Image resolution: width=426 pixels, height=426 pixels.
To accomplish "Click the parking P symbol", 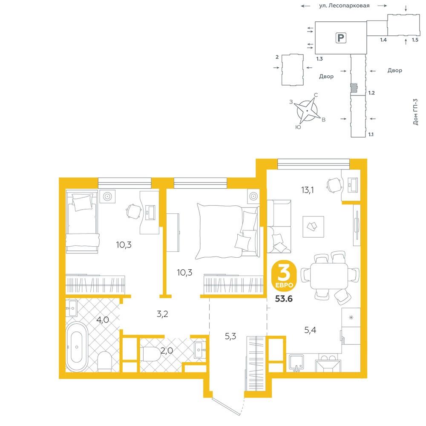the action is (x=341, y=38).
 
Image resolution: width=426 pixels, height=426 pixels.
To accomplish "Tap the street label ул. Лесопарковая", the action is (x=344, y=6).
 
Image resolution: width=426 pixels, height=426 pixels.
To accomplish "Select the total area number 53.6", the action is (x=284, y=299).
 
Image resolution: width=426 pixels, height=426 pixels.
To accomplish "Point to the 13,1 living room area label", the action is (x=307, y=190).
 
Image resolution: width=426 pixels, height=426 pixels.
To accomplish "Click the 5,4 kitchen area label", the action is (x=310, y=330).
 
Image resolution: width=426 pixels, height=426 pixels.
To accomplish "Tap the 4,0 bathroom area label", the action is (x=103, y=320).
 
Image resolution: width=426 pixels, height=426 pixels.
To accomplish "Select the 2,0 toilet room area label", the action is (x=167, y=351).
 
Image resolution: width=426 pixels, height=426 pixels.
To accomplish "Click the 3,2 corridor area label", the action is (x=162, y=314).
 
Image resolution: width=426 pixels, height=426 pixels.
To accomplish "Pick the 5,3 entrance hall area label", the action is (x=230, y=337).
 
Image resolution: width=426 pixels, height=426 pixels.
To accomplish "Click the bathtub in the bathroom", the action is (x=77, y=347).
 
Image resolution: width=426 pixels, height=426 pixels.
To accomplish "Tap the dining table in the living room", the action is (x=329, y=276).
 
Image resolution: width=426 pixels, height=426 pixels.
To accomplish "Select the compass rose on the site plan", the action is (x=307, y=111).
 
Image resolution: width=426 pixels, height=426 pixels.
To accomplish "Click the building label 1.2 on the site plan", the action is (x=371, y=93).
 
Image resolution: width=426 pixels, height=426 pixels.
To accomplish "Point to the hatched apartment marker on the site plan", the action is (x=354, y=87).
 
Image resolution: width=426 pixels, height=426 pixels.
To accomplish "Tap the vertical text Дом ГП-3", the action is (x=415, y=112).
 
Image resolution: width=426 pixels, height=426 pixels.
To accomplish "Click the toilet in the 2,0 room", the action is (x=151, y=354).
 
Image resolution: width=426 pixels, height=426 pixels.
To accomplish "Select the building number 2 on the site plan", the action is (x=277, y=57).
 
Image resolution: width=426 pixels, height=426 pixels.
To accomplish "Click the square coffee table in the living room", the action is (x=313, y=227).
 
